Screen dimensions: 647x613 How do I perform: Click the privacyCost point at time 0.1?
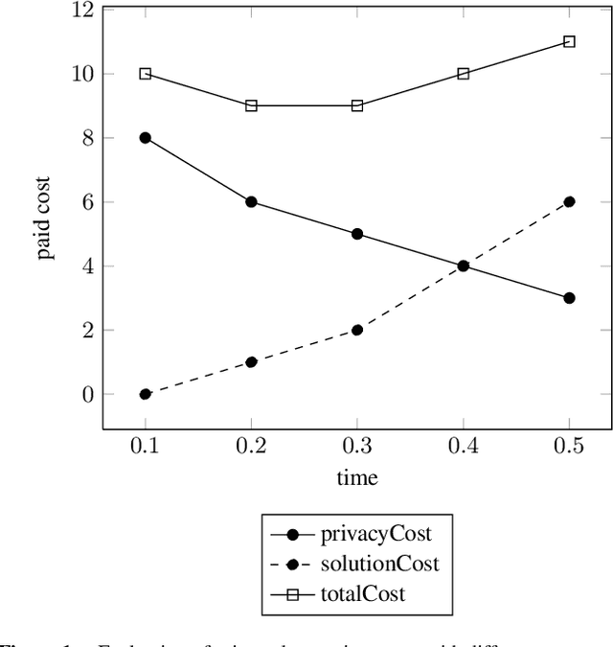click(146, 137)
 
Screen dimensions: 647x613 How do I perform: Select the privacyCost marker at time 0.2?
click(251, 201)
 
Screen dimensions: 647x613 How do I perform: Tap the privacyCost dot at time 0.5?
click(569, 298)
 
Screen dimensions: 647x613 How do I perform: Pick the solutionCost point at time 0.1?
click(146, 394)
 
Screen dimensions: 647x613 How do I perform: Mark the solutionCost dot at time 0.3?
click(357, 330)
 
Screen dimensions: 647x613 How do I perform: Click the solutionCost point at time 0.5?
click(569, 201)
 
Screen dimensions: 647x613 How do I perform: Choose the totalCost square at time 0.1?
click(146, 74)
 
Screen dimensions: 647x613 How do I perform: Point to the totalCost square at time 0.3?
click(357, 105)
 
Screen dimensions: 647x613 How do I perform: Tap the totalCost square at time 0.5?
click(569, 41)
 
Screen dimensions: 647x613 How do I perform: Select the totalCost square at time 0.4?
click(464, 74)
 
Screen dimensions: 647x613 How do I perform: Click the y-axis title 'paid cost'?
click(44, 218)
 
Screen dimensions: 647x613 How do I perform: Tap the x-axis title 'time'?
click(357, 477)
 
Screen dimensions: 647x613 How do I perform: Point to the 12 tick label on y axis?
click(81, 10)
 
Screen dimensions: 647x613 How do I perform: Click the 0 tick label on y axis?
click(87, 394)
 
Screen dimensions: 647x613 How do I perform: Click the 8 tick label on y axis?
click(87, 137)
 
